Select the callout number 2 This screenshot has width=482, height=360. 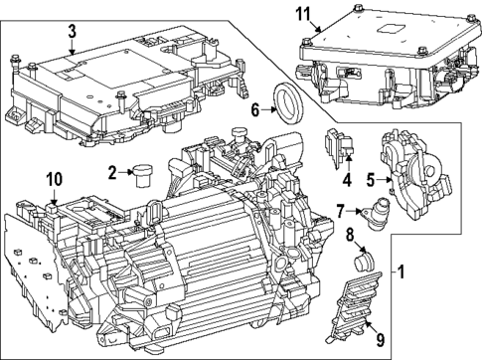click(x=113, y=171)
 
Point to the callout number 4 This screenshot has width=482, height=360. click(x=347, y=180)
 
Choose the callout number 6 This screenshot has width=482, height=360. click(x=254, y=111)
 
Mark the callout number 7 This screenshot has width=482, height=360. click(x=339, y=211)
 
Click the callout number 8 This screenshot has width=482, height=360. click(x=349, y=237)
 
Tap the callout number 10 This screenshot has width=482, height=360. click(x=54, y=179)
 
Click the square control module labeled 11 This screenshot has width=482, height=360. click(x=378, y=50)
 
